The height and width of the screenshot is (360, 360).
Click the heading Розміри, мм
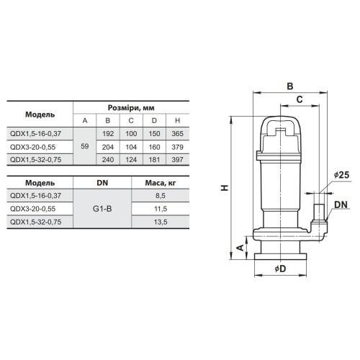pyautogui.click(x=131, y=108)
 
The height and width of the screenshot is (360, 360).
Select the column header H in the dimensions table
pyautogui.click(x=177, y=120)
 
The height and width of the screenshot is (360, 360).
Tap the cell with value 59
pyautogui.click(x=85, y=146)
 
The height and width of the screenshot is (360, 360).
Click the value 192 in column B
pyautogui.click(x=108, y=134)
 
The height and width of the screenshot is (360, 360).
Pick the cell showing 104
pyautogui.click(x=131, y=147)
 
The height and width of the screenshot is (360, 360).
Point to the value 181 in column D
pyautogui.click(x=154, y=160)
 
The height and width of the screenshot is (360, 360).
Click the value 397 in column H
pyautogui.click(x=177, y=160)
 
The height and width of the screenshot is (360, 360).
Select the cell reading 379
pyautogui.click(x=177, y=147)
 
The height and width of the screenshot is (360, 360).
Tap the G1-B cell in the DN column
pyautogui.click(x=102, y=209)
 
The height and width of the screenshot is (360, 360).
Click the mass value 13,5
pyautogui.click(x=161, y=222)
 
